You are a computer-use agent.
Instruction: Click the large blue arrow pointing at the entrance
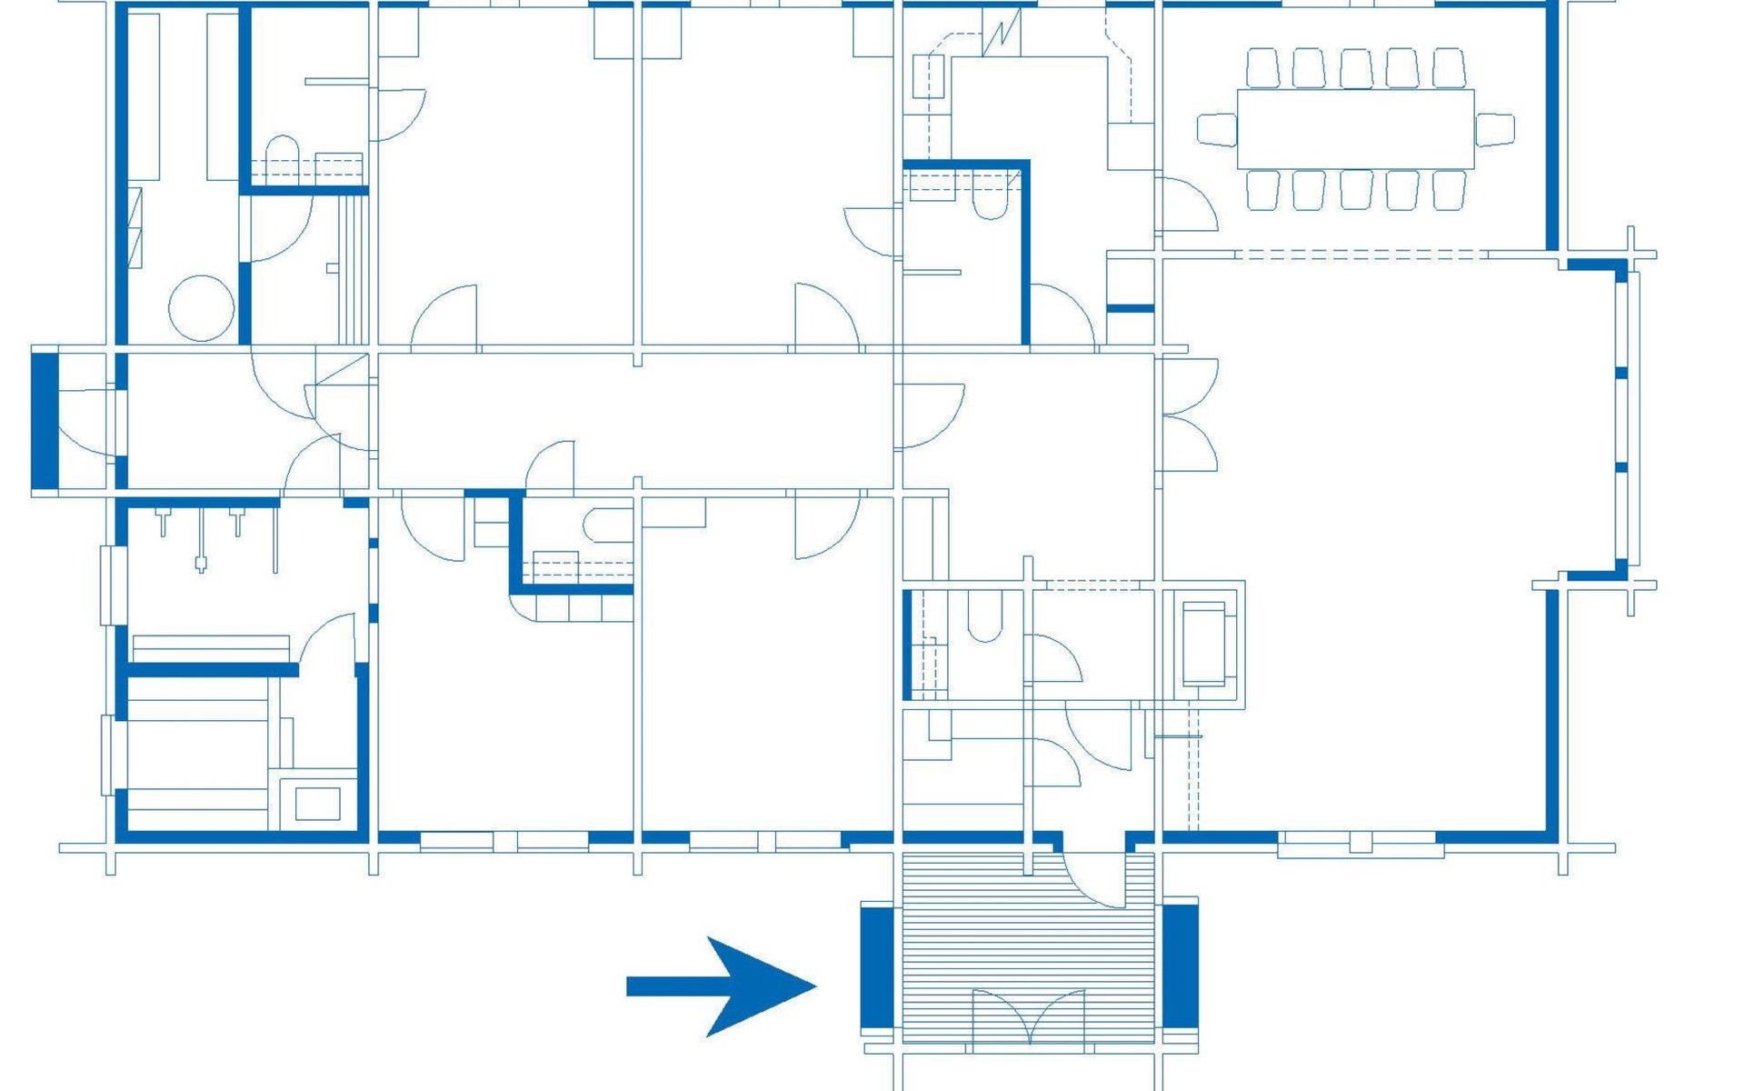click(x=727, y=986)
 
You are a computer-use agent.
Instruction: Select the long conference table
click(x=1355, y=129)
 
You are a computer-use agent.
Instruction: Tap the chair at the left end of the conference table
click(x=1217, y=129)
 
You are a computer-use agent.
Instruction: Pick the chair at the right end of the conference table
click(x=1494, y=129)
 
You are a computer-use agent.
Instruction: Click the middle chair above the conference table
click(x=1355, y=68)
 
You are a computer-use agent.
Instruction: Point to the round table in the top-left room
click(x=201, y=308)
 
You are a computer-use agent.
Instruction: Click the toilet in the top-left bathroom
click(x=282, y=155)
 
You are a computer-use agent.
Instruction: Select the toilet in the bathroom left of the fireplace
click(x=984, y=616)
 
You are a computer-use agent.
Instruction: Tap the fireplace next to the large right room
click(x=1203, y=644)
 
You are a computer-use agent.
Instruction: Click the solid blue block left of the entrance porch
click(x=877, y=967)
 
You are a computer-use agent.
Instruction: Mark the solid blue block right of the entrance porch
click(x=1181, y=966)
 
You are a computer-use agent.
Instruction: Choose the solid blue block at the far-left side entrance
click(x=45, y=421)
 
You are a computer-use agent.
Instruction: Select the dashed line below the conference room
click(x=1361, y=255)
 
